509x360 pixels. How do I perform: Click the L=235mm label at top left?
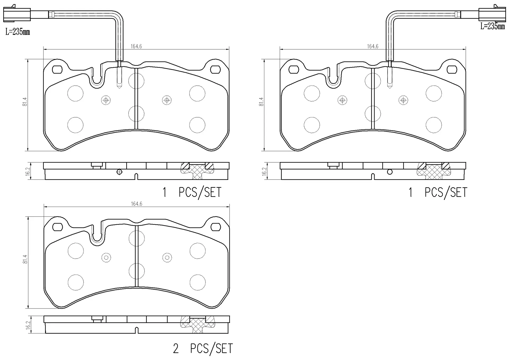17,32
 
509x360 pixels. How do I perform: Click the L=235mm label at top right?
493,26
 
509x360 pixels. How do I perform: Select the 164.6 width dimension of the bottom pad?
137,204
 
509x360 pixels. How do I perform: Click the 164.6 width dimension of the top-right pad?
372,46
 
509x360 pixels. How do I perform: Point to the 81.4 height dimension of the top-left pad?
25,102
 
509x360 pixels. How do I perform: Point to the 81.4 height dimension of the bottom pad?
25,259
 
